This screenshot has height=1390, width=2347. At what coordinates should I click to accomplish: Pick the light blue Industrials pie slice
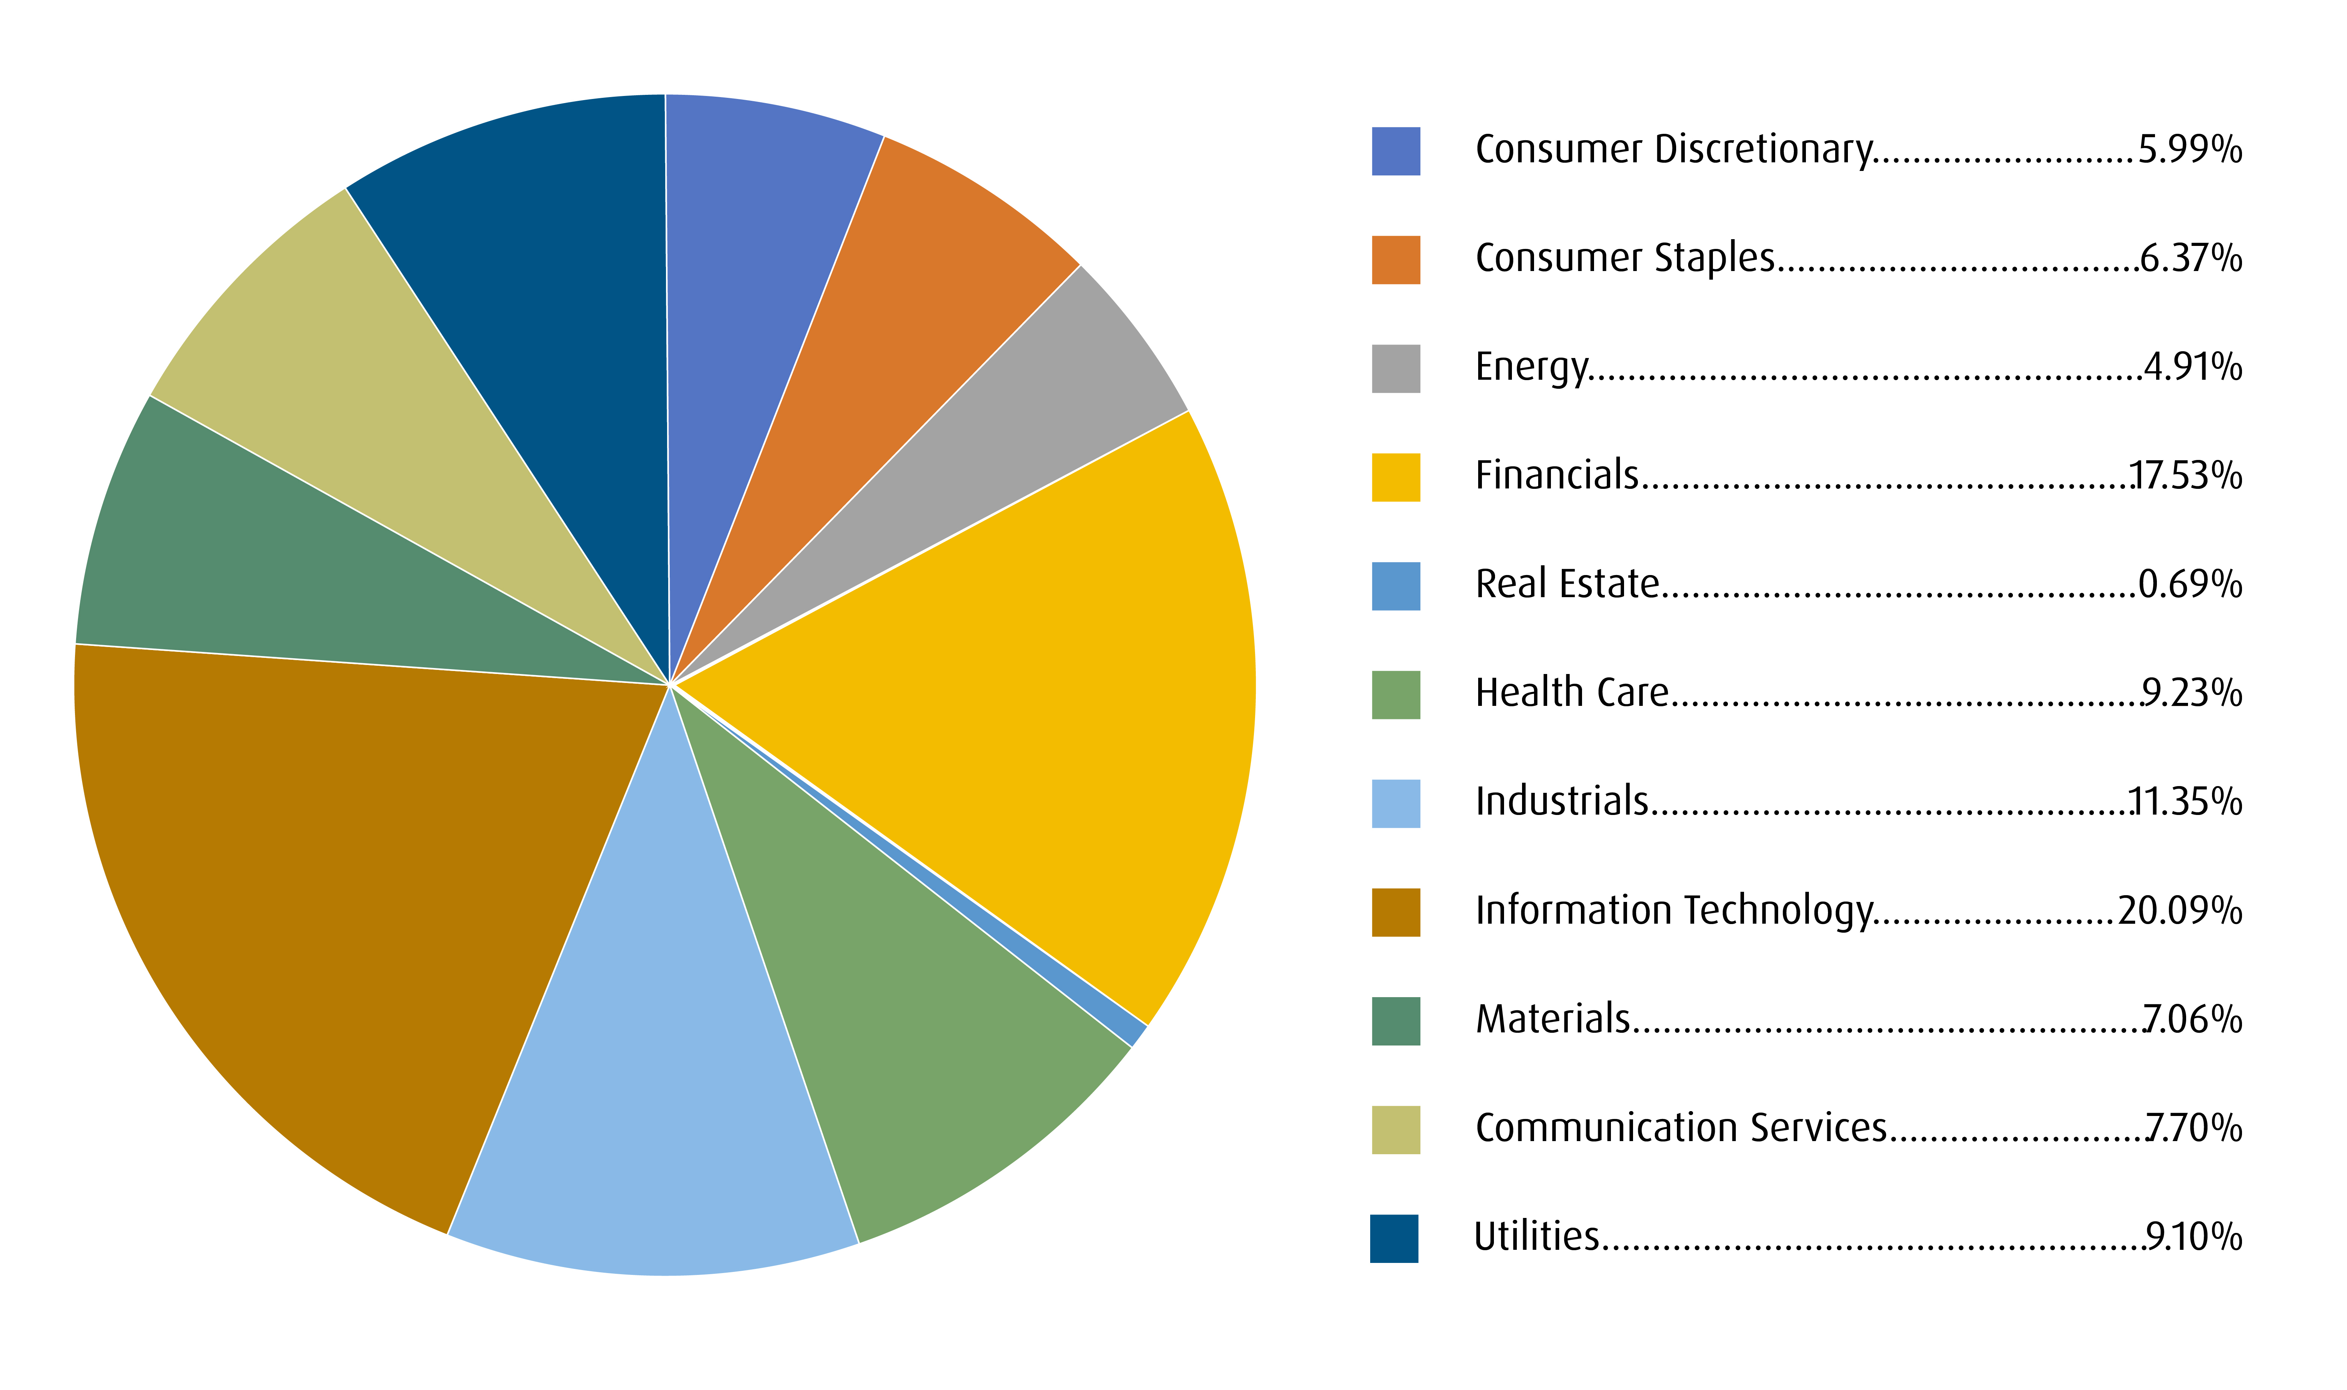(656, 1077)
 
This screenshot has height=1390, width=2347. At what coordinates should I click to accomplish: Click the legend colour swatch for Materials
(1395, 1021)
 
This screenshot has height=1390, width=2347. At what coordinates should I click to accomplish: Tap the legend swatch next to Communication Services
(1395, 1129)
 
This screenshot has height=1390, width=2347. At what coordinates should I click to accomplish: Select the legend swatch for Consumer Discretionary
(1395, 151)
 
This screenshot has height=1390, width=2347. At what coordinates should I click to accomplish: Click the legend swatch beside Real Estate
(1395, 586)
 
